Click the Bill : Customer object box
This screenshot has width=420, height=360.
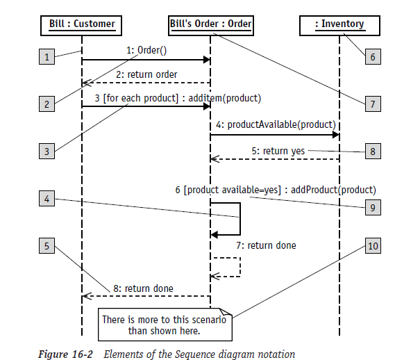point(82,25)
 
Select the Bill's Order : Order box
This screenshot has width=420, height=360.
point(210,25)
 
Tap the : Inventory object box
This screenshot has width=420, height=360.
point(339,25)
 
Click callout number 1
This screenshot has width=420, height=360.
point(47,57)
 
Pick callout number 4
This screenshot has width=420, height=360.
point(47,199)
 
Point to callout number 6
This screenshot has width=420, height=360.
point(372,57)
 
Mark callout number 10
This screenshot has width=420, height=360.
point(372,247)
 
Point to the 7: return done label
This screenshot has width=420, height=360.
point(267,245)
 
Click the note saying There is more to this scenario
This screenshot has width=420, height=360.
point(164,325)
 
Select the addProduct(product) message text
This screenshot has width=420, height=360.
point(333,189)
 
